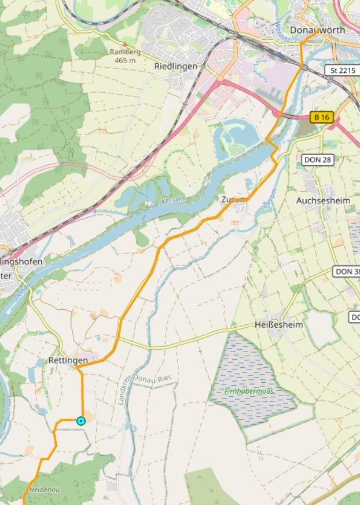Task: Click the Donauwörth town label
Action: pos(317,30)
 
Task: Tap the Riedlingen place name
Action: pos(175,66)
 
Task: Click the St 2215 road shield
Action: pos(341,70)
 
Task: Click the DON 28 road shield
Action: pos(318,159)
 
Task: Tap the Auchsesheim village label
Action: pos(323,200)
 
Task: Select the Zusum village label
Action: pos(234,199)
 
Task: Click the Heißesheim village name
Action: pos(278,325)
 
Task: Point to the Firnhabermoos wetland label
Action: pos(250,391)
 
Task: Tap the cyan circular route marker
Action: pos(81,420)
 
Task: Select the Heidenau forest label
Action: pos(45,489)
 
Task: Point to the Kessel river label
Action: pos(172,200)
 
